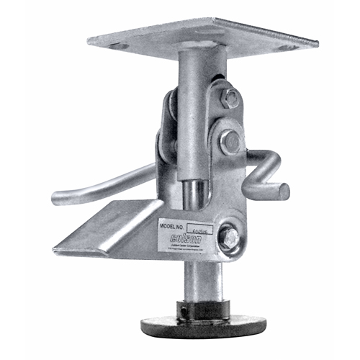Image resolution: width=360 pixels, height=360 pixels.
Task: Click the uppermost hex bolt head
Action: tap(230, 98)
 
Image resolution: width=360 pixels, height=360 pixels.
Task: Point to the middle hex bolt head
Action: tap(230, 142)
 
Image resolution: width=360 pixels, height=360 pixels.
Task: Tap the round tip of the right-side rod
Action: tap(284, 192)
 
